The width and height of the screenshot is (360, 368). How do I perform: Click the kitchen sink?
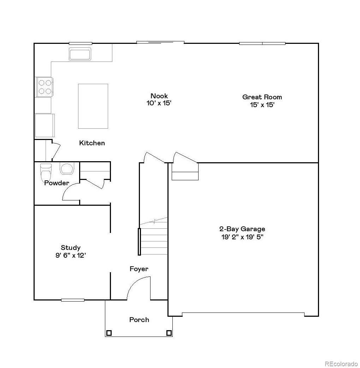[x=80, y=54]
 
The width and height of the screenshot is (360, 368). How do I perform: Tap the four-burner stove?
[x=45, y=87]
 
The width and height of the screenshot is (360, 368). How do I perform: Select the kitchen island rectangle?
[x=93, y=106]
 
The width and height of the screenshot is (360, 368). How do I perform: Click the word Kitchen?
[x=92, y=143]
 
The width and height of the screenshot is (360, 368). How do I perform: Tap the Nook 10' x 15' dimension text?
[x=159, y=104]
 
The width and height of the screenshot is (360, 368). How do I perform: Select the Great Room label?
[x=262, y=97]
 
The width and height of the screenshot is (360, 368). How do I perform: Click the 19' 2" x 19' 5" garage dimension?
[x=242, y=237]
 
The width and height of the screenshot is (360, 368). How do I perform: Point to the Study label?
[x=71, y=247]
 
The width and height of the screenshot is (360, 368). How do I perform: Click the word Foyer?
[x=139, y=269]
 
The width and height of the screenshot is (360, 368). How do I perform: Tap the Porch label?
[x=139, y=320]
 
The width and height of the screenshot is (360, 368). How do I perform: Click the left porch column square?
[x=109, y=333]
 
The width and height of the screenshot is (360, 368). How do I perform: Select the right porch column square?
[x=169, y=333]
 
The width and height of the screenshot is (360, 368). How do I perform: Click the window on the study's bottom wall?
[x=73, y=300]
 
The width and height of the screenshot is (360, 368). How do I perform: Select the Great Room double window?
[x=262, y=43]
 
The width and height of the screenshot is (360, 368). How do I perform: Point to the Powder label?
[x=57, y=183]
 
